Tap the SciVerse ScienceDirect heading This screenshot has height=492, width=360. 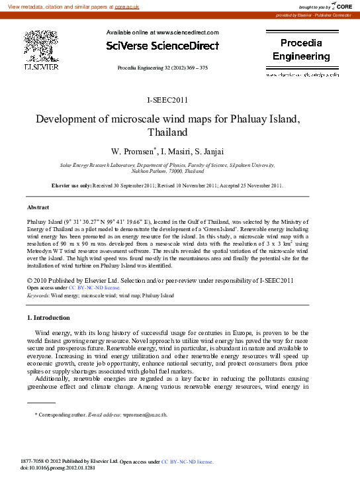pyautogui.click(x=162, y=46)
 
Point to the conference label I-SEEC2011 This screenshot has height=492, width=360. pyautogui.click(x=167, y=101)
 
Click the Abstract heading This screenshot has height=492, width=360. pyautogui.click(x=38, y=207)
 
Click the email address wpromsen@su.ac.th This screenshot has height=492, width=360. pyautogui.click(x=144, y=415)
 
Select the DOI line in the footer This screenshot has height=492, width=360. pyautogui.click(x=58, y=467)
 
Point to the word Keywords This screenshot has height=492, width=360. pyautogui.click(x=38, y=295)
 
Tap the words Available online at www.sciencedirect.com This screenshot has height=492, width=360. pyautogui.click(x=162, y=32)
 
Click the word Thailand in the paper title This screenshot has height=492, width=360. pyautogui.click(x=168, y=132)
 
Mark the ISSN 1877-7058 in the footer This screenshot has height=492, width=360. pyautogui.click(x=35, y=461)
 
